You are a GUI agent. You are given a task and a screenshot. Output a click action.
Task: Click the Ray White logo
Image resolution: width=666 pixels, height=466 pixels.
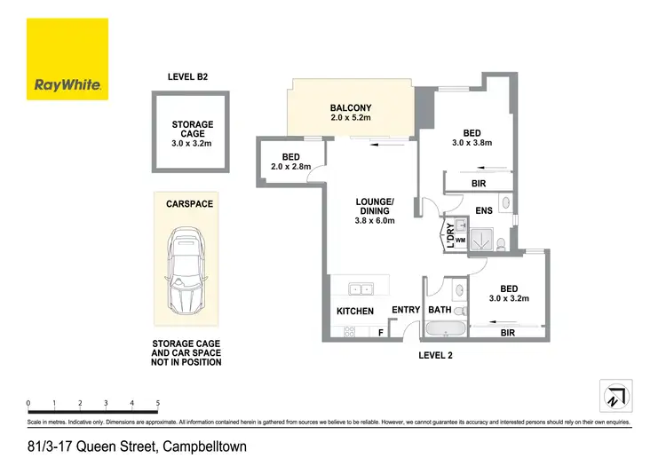67,59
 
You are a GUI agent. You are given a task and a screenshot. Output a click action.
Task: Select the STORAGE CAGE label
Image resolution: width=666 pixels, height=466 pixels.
186,130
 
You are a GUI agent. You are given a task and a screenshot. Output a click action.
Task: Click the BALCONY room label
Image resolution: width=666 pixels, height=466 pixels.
351,107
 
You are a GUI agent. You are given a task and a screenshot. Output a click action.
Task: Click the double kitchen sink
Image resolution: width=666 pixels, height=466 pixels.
361,288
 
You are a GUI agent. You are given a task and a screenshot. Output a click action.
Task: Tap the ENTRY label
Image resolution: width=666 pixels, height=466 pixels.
405,310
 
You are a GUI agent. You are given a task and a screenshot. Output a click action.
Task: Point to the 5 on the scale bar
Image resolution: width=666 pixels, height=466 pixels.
157,403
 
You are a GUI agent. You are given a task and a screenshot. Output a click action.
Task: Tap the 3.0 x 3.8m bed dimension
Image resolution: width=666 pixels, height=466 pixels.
472,142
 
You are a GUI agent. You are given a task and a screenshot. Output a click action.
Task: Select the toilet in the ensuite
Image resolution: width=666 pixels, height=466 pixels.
503,241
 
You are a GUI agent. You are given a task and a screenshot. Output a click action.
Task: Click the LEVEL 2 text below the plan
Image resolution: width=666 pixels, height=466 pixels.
438,355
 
